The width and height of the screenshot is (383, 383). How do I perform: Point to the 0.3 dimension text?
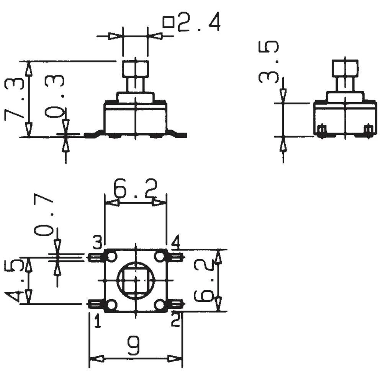point(54,96)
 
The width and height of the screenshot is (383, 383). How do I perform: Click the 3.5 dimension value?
point(268,62)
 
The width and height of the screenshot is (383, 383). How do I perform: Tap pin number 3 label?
point(97,242)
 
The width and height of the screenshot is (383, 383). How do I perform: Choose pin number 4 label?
point(175,242)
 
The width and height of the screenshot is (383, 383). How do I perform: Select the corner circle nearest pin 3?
point(111,257)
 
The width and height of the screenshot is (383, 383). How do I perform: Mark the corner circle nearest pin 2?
point(160,305)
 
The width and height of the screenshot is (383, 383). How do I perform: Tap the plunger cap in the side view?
point(345,68)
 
